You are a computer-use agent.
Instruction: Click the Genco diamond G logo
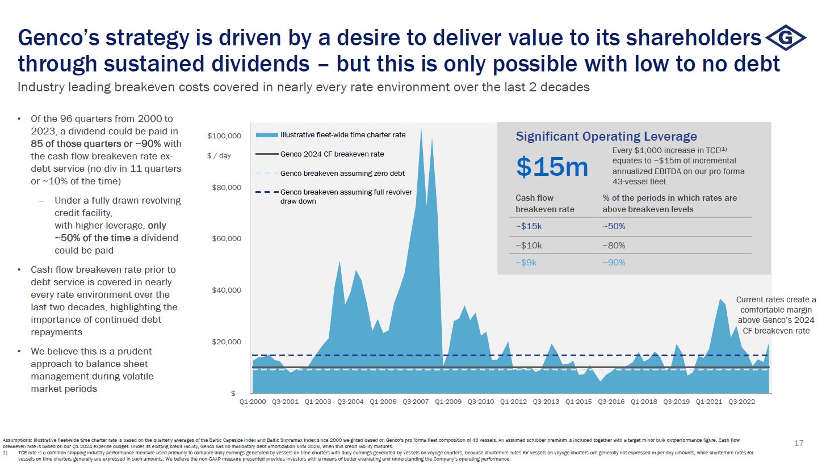pyautogui.click(x=786, y=38)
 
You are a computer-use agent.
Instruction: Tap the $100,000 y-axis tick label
pyautogui.click(x=225, y=136)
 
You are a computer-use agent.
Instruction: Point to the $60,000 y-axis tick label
pyautogui.click(x=227, y=238)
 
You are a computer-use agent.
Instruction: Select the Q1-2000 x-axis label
pyautogui.click(x=253, y=402)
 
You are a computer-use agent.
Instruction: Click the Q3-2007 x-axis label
pyautogui.click(x=416, y=402)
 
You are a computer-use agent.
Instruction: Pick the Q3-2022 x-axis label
pyautogui.click(x=741, y=402)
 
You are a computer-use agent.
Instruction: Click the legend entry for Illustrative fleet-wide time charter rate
pyautogui.click(x=343, y=135)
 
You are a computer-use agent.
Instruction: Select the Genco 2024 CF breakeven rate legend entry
pyautogui.click(x=332, y=154)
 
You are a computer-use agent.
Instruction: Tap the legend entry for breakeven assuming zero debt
pyautogui.click(x=342, y=173)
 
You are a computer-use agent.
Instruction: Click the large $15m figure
pyautogui.click(x=552, y=167)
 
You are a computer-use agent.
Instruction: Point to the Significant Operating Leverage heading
pyautogui.click(x=606, y=136)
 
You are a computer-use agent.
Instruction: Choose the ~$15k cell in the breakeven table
pyautogui.click(x=529, y=226)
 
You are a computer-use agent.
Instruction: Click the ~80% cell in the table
pyautogui.click(x=614, y=246)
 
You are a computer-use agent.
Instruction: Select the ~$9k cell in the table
pyautogui.click(x=527, y=263)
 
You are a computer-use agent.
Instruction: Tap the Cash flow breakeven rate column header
pyautogui.click(x=544, y=204)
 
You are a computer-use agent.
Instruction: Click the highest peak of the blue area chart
pyautogui.click(x=421, y=129)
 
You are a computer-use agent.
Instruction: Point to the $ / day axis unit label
pyautogui.click(x=219, y=156)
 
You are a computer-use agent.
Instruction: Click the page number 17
pyautogui.click(x=799, y=443)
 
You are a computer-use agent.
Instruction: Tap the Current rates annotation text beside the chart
pyautogui.click(x=776, y=315)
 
